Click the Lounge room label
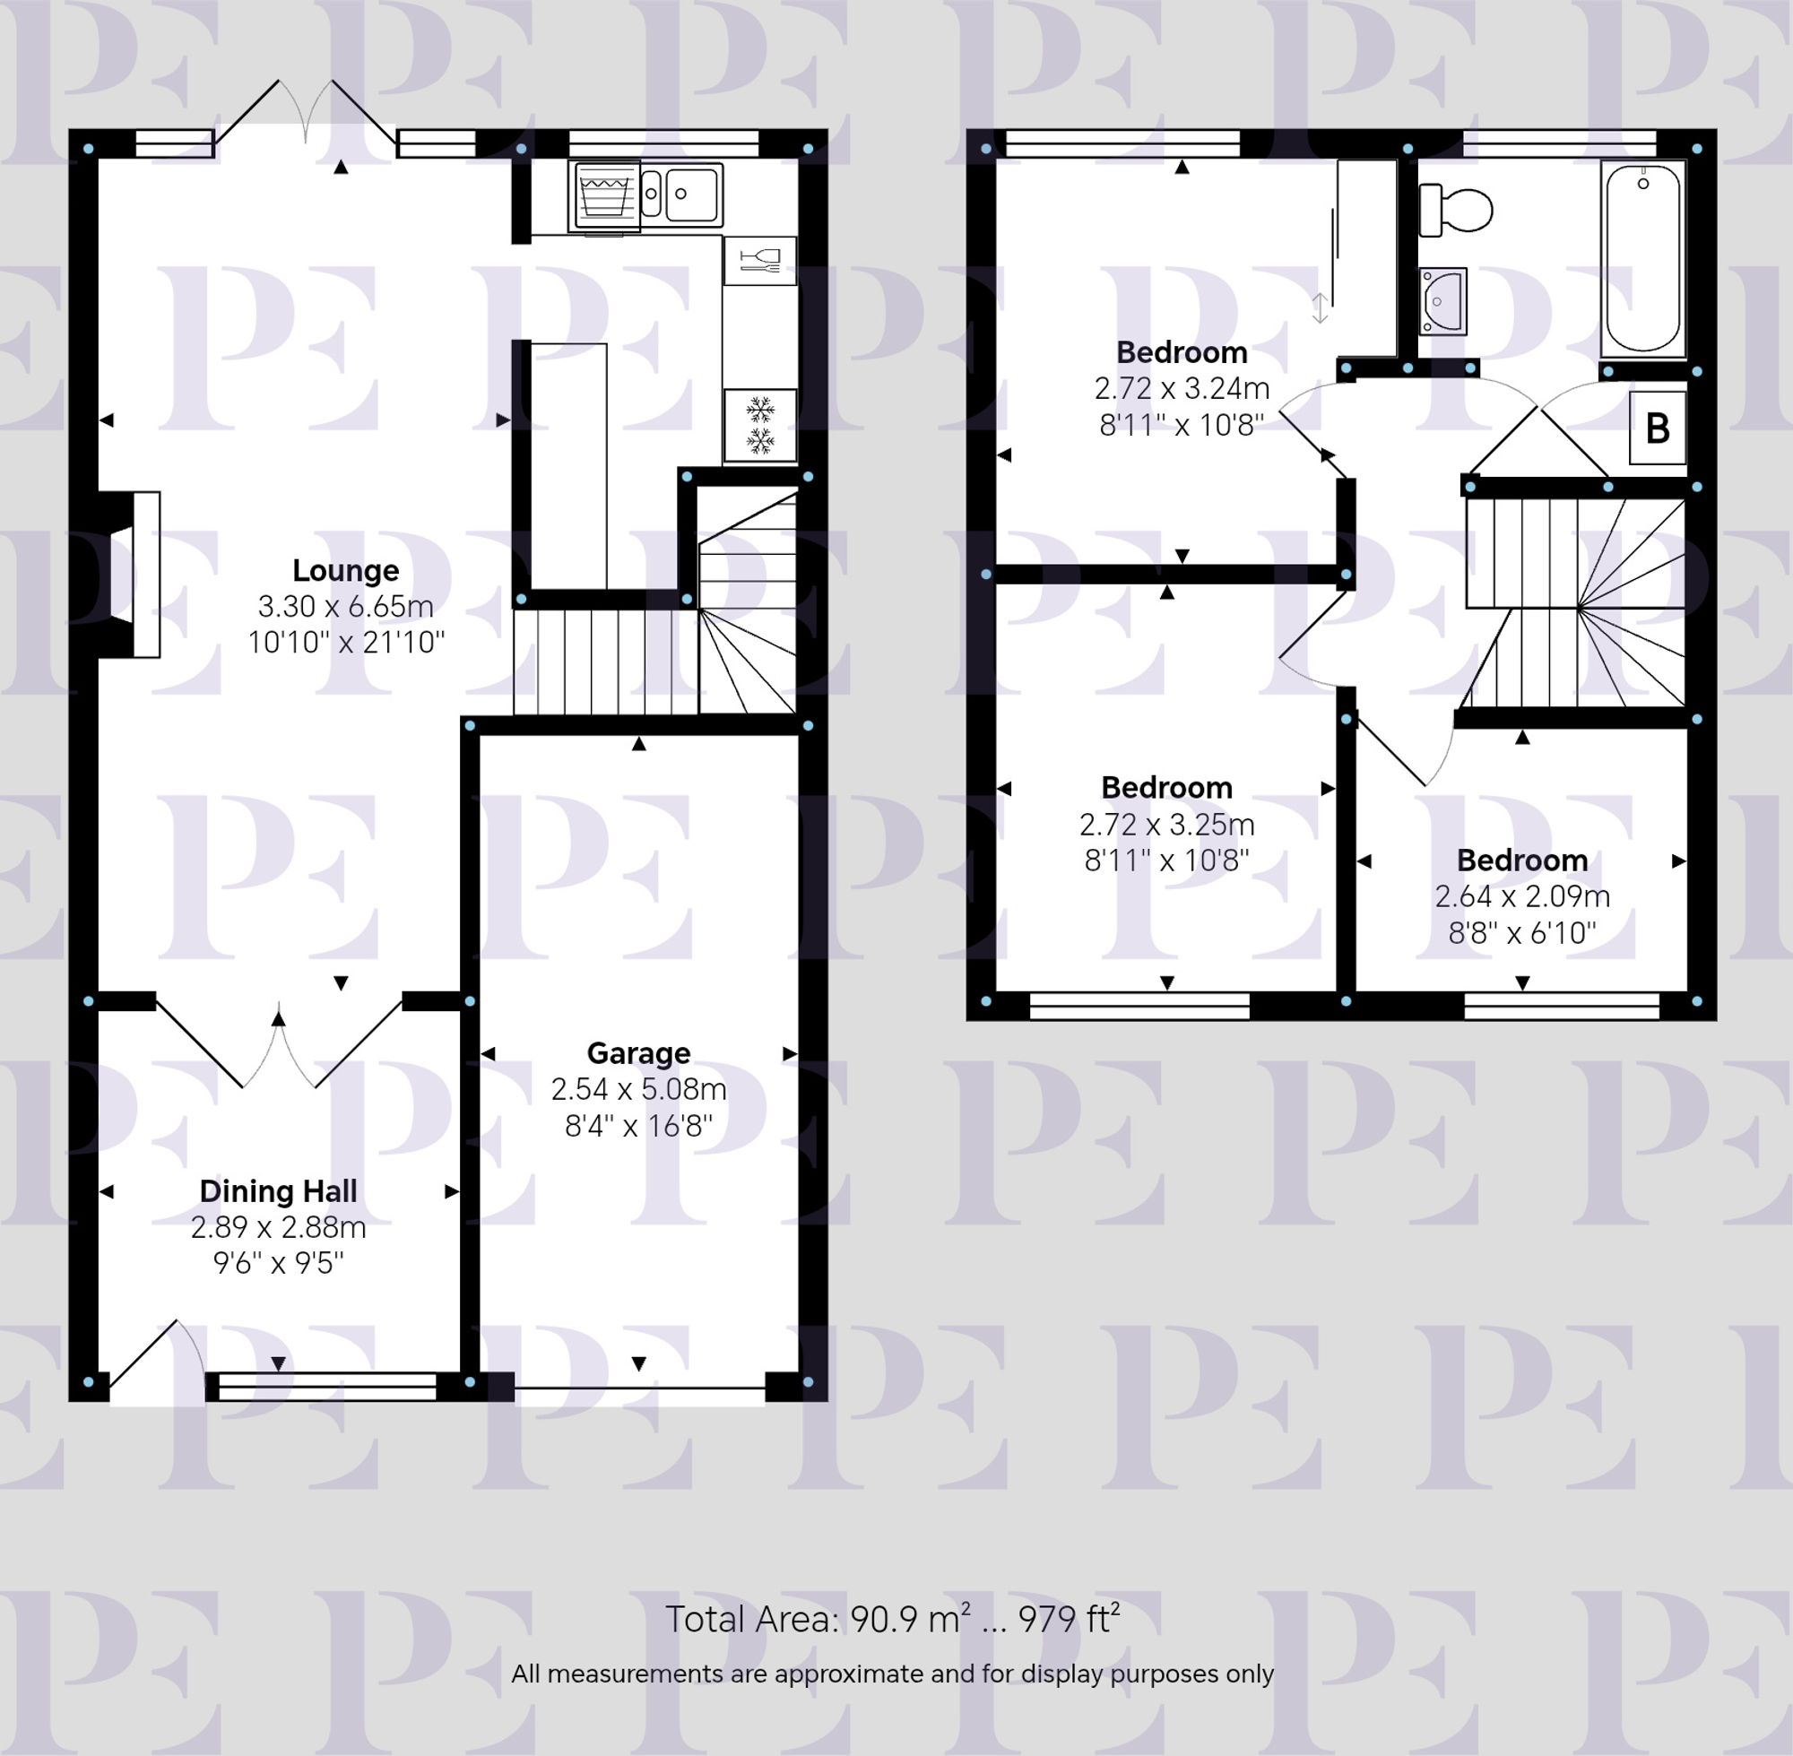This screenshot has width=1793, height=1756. [x=345, y=571]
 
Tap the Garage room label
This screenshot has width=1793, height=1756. [x=638, y=1053]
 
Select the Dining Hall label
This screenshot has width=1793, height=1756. [x=278, y=1191]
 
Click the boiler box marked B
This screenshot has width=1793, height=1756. [x=1658, y=428]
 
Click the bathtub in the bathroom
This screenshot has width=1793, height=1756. [x=1642, y=258]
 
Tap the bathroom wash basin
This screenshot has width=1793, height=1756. [x=1442, y=300]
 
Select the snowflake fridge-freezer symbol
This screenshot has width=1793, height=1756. [x=760, y=425]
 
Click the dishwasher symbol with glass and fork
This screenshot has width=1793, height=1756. [x=760, y=261]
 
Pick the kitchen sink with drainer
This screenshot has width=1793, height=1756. [x=681, y=195]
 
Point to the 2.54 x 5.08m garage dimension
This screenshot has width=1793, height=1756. [x=638, y=1090]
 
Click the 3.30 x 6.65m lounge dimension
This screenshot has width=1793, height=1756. [x=345, y=607]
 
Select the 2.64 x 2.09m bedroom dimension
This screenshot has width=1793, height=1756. [x=1522, y=896]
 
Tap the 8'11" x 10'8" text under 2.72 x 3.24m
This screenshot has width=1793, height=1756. [x=1182, y=425]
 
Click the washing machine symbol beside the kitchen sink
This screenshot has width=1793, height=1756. [x=605, y=195]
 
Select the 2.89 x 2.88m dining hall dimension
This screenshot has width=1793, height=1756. [x=278, y=1227]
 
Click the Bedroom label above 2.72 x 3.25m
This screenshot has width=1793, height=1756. [x=1166, y=788]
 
